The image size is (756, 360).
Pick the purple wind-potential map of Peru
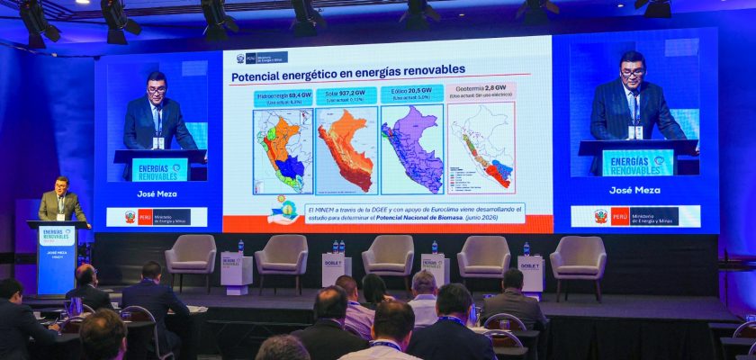[412, 148]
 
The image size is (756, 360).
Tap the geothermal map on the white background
[481, 148]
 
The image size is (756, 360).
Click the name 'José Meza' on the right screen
[634, 190]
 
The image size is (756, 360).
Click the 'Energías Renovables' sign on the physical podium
[57, 236]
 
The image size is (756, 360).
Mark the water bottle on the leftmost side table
[240, 247]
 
